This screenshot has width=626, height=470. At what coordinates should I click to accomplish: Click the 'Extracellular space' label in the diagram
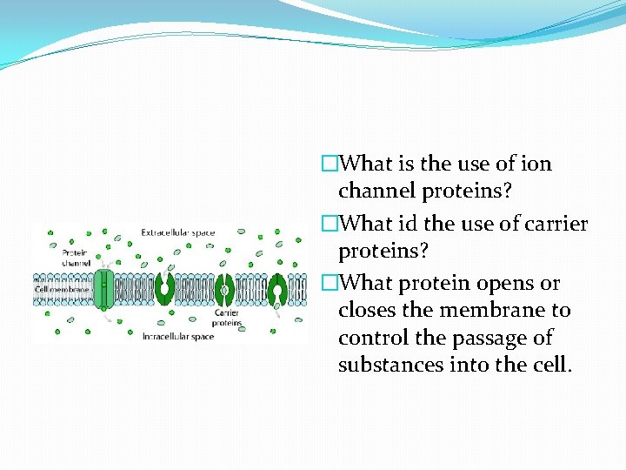coord(177,233)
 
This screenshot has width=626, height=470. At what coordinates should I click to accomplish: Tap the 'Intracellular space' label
coord(177,336)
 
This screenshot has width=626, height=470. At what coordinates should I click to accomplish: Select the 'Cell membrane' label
coord(62,288)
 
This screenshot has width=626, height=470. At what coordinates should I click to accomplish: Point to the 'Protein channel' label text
coord(75,256)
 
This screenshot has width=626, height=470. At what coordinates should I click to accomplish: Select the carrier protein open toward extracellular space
coord(166,288)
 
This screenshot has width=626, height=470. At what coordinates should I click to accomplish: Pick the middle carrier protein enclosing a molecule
coord(224,288)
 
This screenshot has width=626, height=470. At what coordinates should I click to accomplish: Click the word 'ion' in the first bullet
coord(535,164)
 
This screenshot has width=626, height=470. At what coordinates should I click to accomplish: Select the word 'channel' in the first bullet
coord(374,191)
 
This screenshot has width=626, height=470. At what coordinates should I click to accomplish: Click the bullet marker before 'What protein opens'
coord(329,284)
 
